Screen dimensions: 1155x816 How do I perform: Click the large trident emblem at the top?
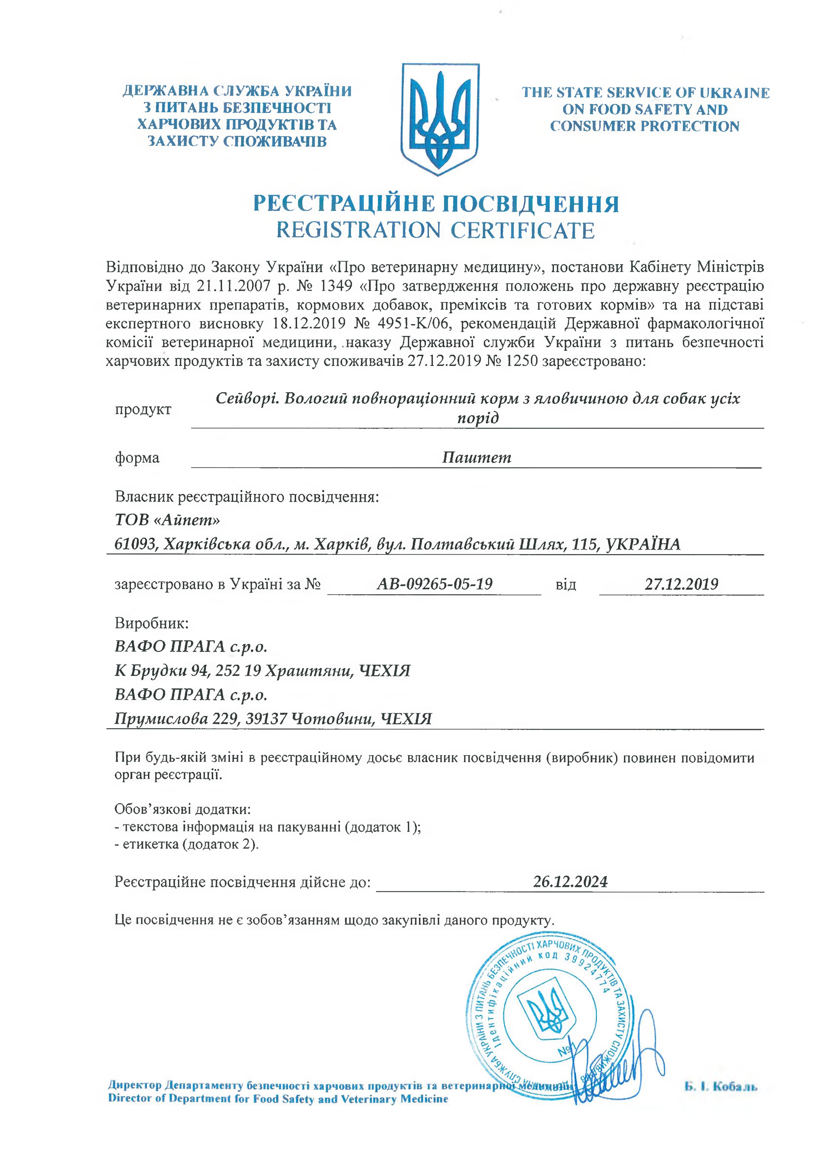tap(440, 119)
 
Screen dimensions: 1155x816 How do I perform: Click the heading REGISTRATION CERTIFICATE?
tap(435, 231)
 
